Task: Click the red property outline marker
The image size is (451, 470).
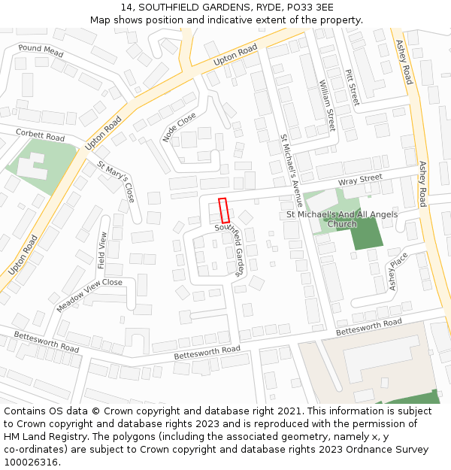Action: pyautogui.click(x=223, y=210)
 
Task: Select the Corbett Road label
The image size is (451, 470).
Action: pyautogui.click(x=41, y=137)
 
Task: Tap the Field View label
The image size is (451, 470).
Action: pyautogui.click(x=103, y=250)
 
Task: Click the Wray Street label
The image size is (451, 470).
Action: pyautogui.click(x=360, y=180)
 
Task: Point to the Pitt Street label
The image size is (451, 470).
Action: pyautogui.click(x=351, y=86)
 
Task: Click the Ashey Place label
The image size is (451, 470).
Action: pyautogui.click(x=397, y=271)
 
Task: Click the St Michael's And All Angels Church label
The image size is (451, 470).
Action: pyautogui.click(x=342, y=219)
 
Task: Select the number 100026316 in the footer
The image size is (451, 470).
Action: pyautogui.click(x=32, y=462)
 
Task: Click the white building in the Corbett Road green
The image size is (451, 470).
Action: pyautogui.click(x=31, y=167)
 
